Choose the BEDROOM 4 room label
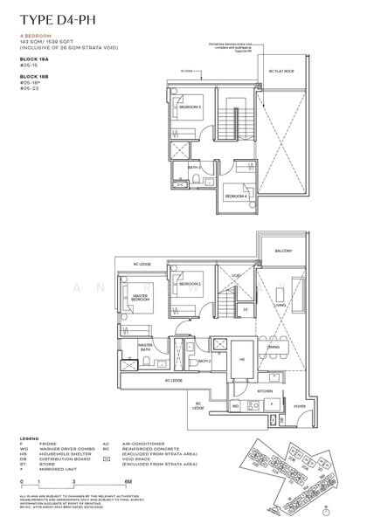click(234, 197)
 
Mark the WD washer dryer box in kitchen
click(234, 407)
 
